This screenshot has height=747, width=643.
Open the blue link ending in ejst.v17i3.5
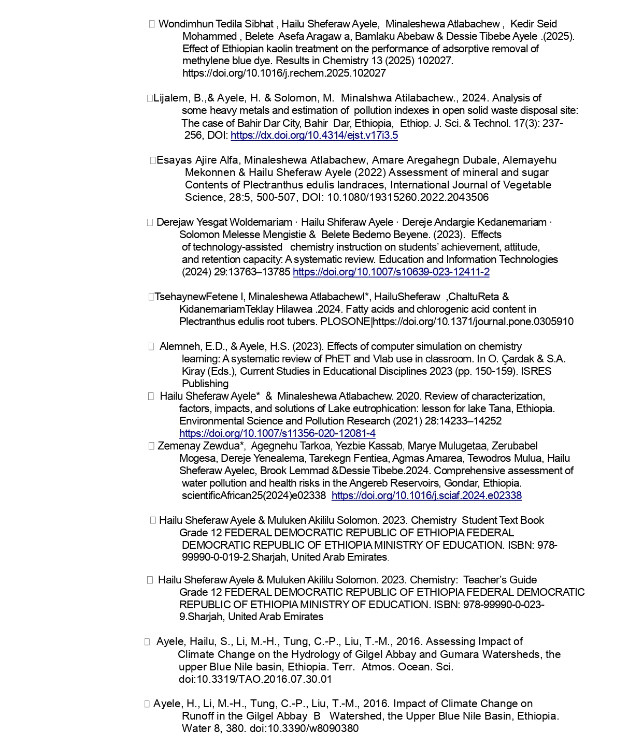pyautogui.click(x=314, y=135)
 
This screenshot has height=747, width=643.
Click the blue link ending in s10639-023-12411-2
pyautogui.click(x=391, y=272)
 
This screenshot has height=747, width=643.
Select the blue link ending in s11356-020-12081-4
pyautogui.click(x=277, y=433)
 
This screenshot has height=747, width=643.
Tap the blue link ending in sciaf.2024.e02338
pyautogui.click(x=426, y=495)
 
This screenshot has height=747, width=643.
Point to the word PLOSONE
pyautogui.click(x=346, y=321)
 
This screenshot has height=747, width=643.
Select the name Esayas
pyautogui.click(x=174, y=160)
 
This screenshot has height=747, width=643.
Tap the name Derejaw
pyautogui.click(x=175, y=222)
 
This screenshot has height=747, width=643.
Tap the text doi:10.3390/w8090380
pyautogui.click(x=304, y=728)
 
